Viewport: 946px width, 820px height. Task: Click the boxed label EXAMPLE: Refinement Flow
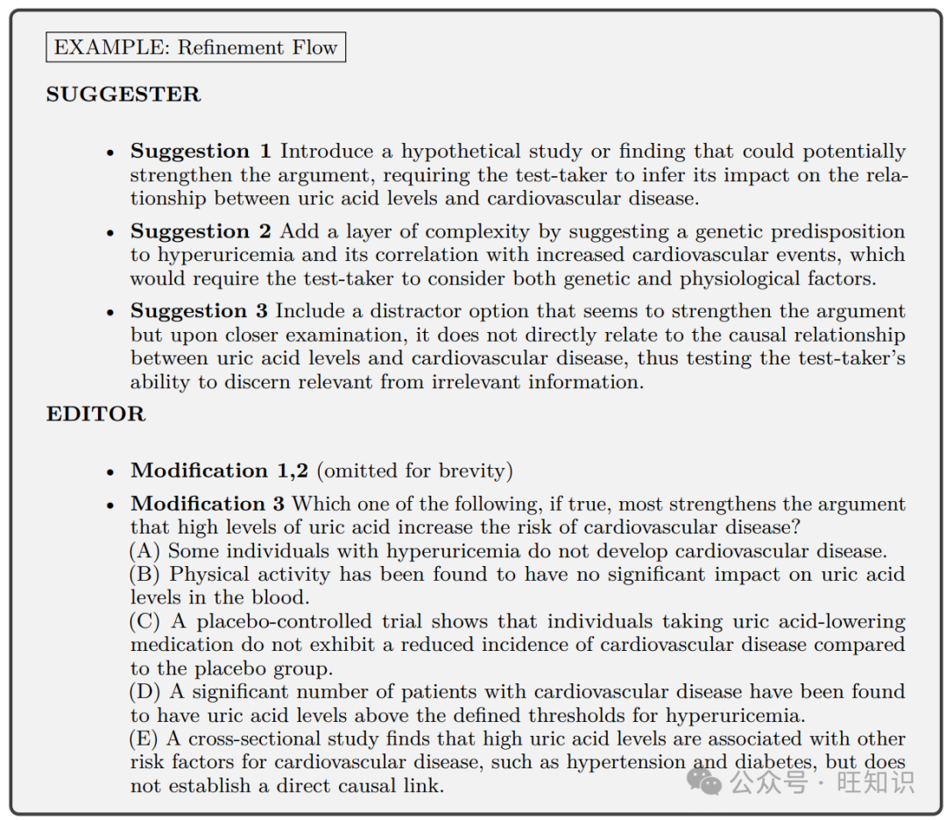195,47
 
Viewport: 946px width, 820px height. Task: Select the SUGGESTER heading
123,95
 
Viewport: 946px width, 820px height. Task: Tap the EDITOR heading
95,414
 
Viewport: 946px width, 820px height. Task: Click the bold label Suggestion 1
201,152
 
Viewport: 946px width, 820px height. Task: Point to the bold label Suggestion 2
201,231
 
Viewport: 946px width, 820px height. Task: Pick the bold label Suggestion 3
201,311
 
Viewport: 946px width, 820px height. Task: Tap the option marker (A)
145,551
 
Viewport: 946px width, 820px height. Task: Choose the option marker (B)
145,575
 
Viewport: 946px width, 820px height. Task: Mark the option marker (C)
145,621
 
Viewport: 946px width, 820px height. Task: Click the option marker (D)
145,692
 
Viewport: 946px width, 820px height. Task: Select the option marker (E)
145,739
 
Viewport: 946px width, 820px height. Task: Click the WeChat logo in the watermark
705,779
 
